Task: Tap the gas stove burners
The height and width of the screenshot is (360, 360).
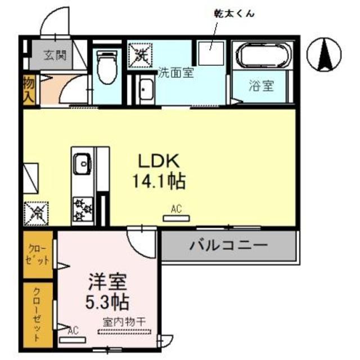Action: pos(83,208)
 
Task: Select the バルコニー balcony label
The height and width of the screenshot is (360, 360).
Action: pos(228,245)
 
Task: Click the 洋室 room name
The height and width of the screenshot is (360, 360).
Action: pos(109,281)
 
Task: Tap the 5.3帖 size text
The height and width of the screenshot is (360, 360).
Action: pos(109,302)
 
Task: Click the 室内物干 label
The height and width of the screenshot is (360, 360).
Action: pos(124,321)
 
